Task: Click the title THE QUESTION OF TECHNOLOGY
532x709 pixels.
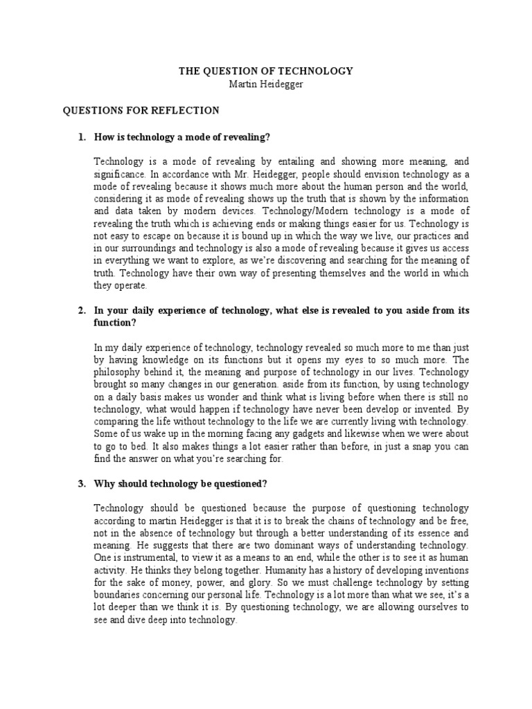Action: pos(266,71)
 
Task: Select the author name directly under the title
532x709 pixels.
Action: pos(266,83)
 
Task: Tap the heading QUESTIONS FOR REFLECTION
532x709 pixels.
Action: pos(141,110)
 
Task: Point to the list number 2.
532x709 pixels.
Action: pos(81,311)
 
